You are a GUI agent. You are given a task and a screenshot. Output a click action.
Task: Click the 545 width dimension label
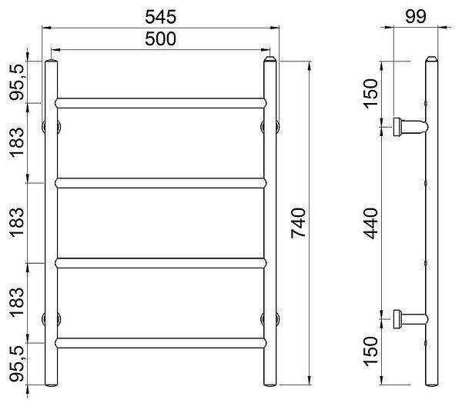161,17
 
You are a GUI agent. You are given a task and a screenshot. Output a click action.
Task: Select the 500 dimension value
161,39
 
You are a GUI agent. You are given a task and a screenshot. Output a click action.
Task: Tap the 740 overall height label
298,223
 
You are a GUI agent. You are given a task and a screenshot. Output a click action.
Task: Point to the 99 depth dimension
416,16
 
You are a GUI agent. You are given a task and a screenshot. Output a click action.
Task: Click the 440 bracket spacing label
370,223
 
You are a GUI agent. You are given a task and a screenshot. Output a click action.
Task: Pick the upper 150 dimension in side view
370,94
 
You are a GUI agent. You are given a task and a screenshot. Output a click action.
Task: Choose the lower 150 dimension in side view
370,351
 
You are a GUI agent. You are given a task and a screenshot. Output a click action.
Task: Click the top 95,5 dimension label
17,82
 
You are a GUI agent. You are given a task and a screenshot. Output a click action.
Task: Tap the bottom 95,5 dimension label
17,364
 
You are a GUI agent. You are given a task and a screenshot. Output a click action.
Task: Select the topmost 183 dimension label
16,143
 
